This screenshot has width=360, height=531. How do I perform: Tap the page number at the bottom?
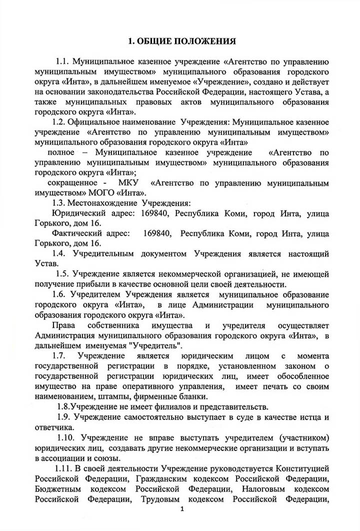click(x=182, y=509)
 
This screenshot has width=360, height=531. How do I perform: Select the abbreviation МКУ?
click(x=128, y=183)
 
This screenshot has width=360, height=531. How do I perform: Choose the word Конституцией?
click(x=300, y=468)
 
